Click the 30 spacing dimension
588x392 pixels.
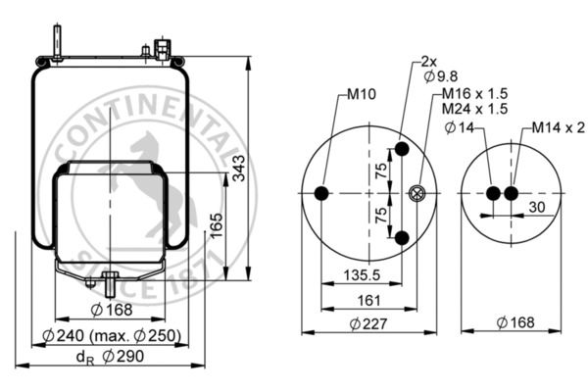537,208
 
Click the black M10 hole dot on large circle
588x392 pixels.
321,194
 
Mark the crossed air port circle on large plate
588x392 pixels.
419,194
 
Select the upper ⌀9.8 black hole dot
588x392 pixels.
402,150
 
